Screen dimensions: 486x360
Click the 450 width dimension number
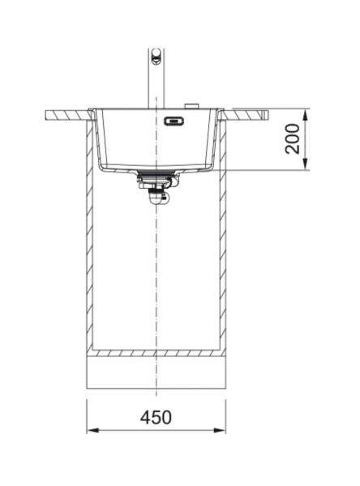(156, 417)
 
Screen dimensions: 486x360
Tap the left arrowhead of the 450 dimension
(92, 429)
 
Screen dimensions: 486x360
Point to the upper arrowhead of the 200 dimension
(306, 113)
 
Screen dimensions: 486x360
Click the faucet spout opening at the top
(156, 55)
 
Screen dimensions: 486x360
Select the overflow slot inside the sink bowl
(174, 122)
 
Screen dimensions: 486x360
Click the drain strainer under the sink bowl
(156, 175)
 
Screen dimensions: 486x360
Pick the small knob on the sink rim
(192, 105)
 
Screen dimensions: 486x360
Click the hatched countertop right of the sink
(247, 113)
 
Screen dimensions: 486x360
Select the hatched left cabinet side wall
(90, 243)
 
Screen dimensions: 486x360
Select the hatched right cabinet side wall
(222, 243)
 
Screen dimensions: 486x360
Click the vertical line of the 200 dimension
(306, 139)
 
